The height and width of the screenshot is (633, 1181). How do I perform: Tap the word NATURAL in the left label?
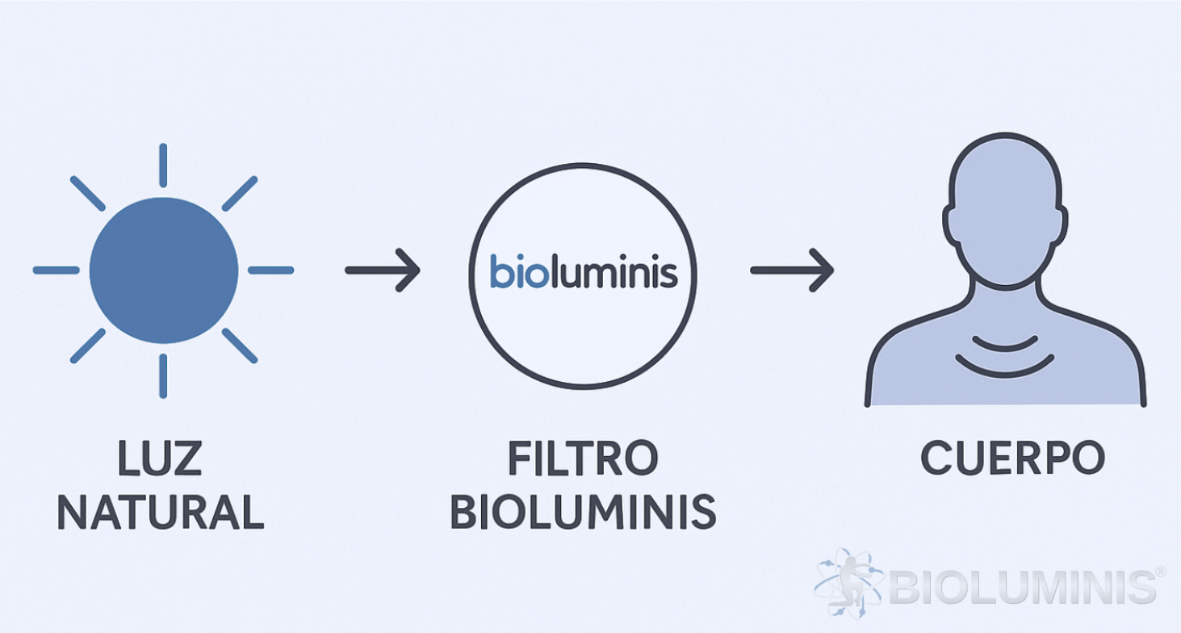(161, 511)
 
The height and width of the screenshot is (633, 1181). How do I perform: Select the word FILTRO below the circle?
(582, 459)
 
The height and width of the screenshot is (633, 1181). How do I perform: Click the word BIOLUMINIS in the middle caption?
(582, 511)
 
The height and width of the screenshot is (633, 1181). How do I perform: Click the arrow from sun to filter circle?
(383, 270)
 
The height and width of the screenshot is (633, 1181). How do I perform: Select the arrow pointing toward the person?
(791, 270)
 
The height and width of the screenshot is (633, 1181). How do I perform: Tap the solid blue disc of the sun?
(164, 270)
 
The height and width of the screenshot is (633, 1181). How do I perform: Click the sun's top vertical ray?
(163, 165)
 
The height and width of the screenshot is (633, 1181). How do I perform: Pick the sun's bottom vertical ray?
(163, 375)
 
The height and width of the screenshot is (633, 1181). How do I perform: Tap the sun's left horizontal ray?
(56, 270)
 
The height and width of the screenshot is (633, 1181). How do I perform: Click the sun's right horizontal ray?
(270, 270)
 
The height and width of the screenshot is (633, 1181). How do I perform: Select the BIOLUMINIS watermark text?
(1022, 586)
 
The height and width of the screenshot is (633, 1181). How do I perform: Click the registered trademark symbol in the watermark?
(1160, 572)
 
